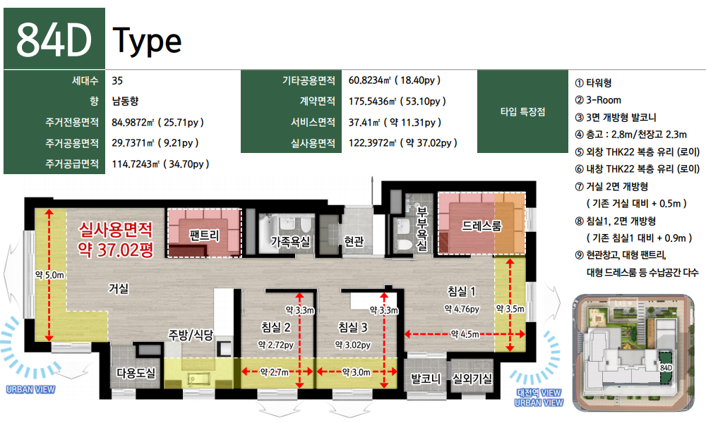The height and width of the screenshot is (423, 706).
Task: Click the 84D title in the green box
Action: pos(54,39)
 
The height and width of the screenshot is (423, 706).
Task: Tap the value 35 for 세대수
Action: pos(117,80)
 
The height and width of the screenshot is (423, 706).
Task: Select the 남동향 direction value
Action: pos(125,101)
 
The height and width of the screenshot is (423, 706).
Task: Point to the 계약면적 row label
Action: pos(318,101)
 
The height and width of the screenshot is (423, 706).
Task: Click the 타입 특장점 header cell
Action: pos(522,111)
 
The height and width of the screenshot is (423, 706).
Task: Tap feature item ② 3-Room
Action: pos(598,100)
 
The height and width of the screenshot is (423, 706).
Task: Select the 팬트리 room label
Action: pos(204,235)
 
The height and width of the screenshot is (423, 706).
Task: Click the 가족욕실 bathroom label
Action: pos(290,242)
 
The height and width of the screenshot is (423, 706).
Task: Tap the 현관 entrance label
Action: pos(354,242)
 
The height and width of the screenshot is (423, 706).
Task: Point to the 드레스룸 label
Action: pos(481,226)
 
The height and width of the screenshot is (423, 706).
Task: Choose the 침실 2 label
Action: pos(276,327)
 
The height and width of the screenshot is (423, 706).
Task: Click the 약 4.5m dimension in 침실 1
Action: pos(465,334)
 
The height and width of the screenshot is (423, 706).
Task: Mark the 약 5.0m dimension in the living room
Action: pos(49,275)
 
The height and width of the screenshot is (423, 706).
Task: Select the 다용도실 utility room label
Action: pos(136,373)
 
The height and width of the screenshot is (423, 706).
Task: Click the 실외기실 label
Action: pos(472,379)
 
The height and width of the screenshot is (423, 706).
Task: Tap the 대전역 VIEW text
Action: pos(539,393)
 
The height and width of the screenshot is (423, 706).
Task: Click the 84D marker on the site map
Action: pos(666,368)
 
